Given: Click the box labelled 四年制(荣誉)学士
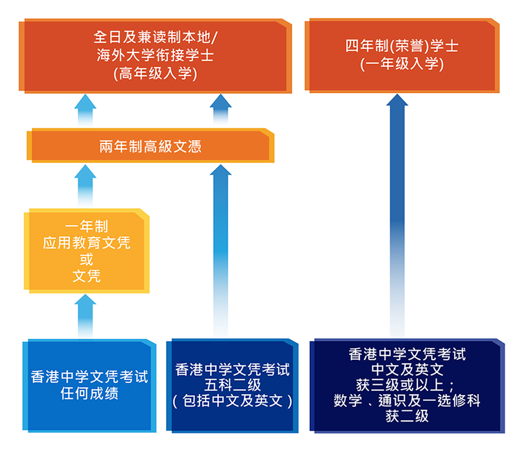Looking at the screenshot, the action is pos(402,56).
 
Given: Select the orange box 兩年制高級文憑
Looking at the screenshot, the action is pos(150,146).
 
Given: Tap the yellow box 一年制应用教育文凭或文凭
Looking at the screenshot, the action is pos(87,251).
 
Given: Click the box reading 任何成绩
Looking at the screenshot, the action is pos(90,385).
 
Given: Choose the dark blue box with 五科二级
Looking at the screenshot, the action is pos(232,385).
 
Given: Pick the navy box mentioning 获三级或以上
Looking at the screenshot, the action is pos(407,385).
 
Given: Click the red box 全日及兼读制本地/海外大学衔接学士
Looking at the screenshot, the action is pos(156,56).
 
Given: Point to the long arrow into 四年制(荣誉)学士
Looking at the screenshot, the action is pos(397,216).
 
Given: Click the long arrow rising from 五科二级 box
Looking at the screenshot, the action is pos(221,251).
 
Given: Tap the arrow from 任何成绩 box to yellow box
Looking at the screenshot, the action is pos(85,316).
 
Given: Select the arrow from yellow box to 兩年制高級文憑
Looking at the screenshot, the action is pos(85,186).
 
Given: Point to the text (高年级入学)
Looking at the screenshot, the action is pos(156,74).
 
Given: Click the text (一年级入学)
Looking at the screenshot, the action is pos(402,64).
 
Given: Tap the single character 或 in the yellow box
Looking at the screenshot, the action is pos(87,259).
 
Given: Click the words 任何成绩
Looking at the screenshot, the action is pos(90,393).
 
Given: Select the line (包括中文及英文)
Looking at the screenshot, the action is pos(232,401).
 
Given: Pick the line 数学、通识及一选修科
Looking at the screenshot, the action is pos(407,400).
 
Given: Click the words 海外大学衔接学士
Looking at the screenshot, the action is pos(156,56).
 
